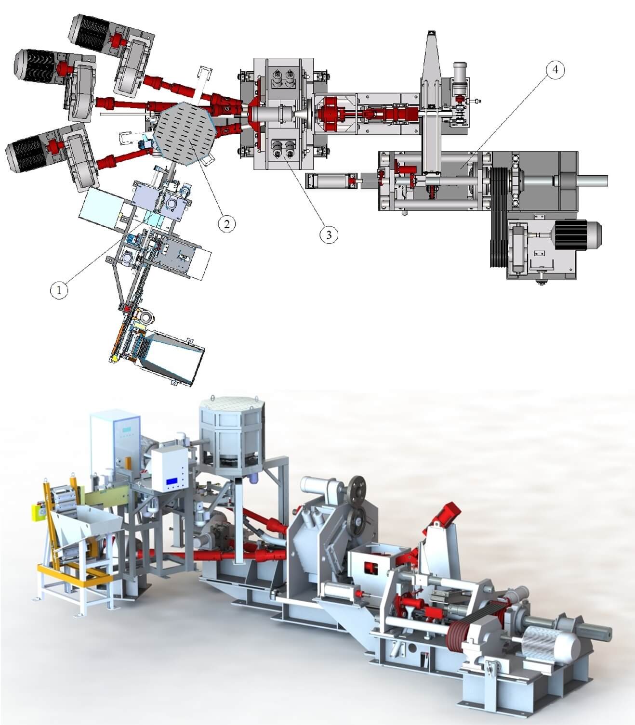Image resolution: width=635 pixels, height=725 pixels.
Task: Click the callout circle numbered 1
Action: coord(59,290)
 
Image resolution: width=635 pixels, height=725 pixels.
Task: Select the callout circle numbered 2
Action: coord(226,223)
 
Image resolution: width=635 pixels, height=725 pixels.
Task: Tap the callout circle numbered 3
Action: coord(329,234)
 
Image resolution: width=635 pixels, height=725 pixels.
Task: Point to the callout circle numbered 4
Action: coord(555,70)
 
